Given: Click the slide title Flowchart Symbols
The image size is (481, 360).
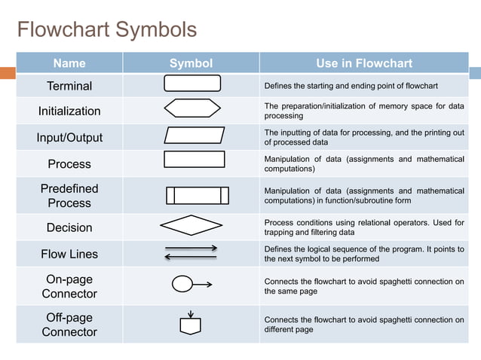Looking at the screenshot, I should (x=106, y=30).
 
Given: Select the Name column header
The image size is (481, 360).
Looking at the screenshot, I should (x=69, y=63).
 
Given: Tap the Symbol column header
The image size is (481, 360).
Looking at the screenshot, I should (x=191, y=63).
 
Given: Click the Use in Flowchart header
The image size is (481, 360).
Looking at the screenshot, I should (x=364, y=63).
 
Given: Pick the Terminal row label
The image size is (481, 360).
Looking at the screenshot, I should (x=69, y=86).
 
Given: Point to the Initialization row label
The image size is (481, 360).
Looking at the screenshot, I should (x=69, y=111).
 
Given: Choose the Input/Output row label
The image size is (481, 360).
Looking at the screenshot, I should (x=69, y=138).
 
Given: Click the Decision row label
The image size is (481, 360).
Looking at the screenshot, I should (x=69, y=227).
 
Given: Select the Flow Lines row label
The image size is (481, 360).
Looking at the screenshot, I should (x=69, y=254).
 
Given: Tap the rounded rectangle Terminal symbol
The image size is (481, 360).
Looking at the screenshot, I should (x=192, y=84).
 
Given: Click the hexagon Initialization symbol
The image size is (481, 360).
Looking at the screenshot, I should (x=192, y=108).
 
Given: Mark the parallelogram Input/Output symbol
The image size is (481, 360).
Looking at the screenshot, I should (x=194, y=135).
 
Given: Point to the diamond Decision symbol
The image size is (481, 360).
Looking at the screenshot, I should (x=191, y=225).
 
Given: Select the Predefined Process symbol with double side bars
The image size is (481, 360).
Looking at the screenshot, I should (x=197, y=196).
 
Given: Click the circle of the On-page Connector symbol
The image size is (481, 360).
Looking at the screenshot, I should (x=182, y=284).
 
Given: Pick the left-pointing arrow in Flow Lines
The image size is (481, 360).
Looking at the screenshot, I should (x=190, y=258).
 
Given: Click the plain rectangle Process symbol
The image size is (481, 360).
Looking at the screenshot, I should (x=194, y=159).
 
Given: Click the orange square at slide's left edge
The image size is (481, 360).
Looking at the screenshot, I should (x=8, y=73).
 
